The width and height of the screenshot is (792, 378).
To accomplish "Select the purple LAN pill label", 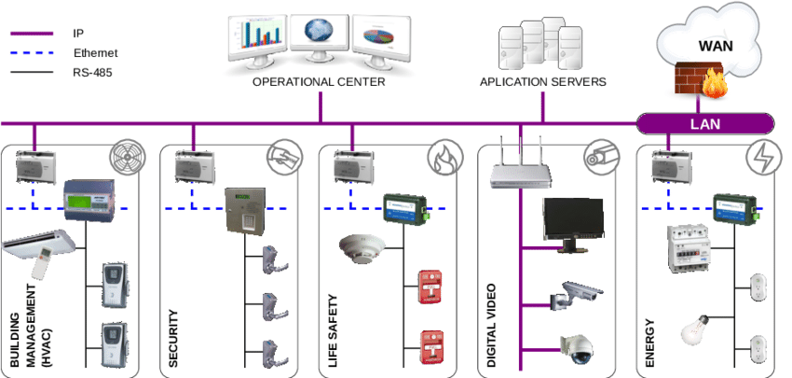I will point(704,123).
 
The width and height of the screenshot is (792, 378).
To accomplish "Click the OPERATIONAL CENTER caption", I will point(319,82).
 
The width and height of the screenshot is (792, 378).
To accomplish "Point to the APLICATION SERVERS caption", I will point(543,82).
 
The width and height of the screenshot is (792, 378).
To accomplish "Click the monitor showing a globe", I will point(320,35).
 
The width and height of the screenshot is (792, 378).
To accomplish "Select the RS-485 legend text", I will point(92,71).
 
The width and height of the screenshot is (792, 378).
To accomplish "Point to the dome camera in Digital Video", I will point(575,349).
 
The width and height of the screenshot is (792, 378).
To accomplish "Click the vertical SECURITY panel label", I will point(173,338).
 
